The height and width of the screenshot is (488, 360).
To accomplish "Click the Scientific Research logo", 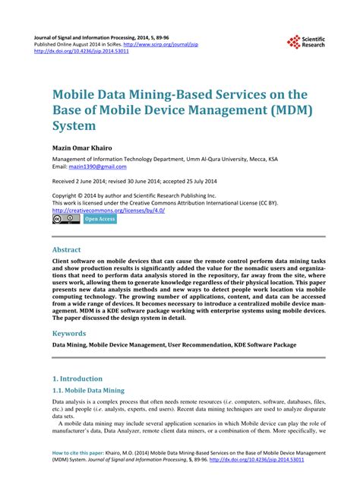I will (306, 42).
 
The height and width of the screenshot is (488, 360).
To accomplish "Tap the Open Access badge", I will (100, 219).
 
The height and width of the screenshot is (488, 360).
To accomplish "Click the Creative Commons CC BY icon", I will (65, 219).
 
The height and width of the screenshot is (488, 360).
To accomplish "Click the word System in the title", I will (74, 126).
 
